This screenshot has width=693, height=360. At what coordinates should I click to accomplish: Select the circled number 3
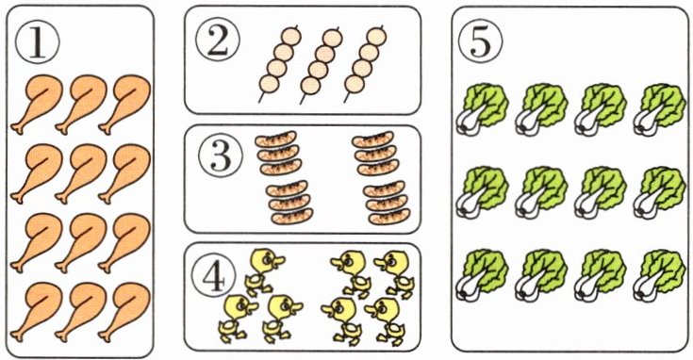[220, 155]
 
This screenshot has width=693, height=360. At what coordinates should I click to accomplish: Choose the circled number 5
[481, 41]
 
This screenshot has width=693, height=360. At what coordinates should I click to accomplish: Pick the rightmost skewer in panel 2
[364, 64]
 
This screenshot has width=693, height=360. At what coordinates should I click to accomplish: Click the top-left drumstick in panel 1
[37, 105]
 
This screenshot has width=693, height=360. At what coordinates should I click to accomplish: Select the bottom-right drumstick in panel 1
[124, 312]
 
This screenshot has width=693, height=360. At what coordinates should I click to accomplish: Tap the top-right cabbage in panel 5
[659, 109]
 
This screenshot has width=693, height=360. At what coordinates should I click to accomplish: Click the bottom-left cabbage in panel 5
[482, 275]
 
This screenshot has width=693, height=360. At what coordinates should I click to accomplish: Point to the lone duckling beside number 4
[264, 270]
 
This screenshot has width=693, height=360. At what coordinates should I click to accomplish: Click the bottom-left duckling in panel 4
[238, 318]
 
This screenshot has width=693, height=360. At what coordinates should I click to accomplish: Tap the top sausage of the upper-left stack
[275, 139]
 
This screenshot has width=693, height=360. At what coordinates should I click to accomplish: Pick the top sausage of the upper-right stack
[372, 139]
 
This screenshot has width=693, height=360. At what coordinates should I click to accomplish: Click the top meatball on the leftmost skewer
[290, 36]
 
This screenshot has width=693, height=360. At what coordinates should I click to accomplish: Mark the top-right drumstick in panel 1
[124, 105]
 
